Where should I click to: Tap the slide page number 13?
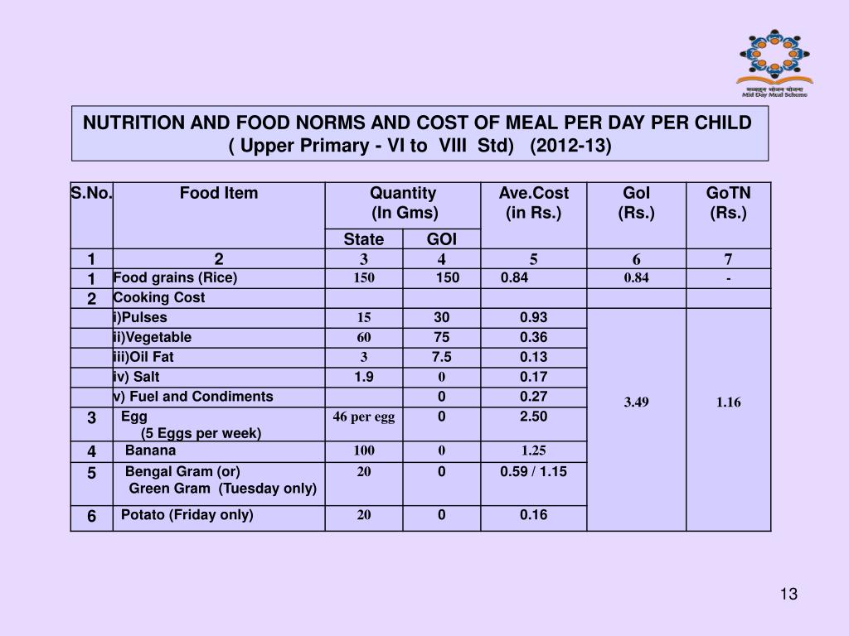(x=788, y=595)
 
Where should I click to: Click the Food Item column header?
(x=219, y=194)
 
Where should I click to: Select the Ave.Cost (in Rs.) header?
(x=533, y=203)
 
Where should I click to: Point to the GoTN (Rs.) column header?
(x=728, y=203)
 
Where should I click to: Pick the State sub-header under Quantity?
(x=364, y=239)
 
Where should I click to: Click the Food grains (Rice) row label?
(x=175, y=278)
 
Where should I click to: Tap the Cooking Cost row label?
(x=159, y=298)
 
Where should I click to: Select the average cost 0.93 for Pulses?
(x=533, y=318)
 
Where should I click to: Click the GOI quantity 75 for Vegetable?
(x=441, y=338)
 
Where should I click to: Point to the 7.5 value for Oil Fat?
(x=441, y=358)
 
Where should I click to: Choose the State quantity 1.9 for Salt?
(x=363, y=378)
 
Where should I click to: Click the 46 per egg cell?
(x=363, y=417)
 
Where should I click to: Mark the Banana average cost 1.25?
(x=533, y=451)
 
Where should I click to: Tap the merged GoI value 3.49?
(x=636, y=402)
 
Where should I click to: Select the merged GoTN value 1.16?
(x=728, y=402)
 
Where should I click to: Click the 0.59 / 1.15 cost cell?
(x=533, y=472)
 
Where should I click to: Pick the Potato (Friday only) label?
(x=187, y=515)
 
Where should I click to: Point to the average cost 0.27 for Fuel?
(x=533, y=397)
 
